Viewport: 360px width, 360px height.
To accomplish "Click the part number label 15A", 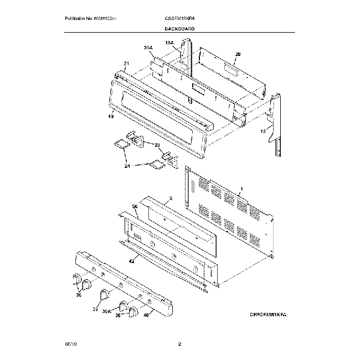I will pyautogui.click(x=169, y=42).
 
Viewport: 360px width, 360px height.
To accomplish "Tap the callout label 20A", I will pyautogui.click(x=147, y=48).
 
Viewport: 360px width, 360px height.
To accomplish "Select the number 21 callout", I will pyautogui.click(x=126, y=64).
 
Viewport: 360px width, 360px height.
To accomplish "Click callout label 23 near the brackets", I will pyautogui.click(x=158, y=145).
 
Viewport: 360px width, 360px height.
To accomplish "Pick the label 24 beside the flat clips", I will pyautogui.click(x=127, y=165).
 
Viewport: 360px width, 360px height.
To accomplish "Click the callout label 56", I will pyautogui.click(x=135, y=206).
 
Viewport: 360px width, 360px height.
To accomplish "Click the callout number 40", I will pyautogui.click(x=146, y=316).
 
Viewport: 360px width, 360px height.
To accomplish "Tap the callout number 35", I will pyautogui.click(x=95, y=310).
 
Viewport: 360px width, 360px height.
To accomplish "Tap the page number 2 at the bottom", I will pyautogui.click(x=179, y=344).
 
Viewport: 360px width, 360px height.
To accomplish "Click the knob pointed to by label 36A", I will pyautogui.click(x=122, y=306).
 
